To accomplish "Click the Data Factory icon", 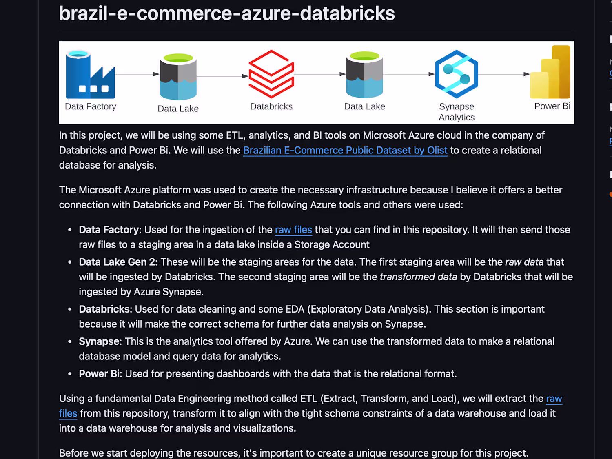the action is pyautogui.click(x=90, y=74).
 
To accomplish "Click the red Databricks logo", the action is pyautogui.click(x=271, y=74).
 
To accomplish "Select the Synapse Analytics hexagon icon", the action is pyautogui.click(x=457, y=74).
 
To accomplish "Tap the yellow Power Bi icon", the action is pyautogui.click(x=550, y=72).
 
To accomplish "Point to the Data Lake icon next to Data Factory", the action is pyautogui.click(x=178, y=77).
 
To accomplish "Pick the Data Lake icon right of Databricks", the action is pyautogui.click(x=364, y=75).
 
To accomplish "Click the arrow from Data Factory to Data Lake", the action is pyautogui.click(x=137, y=74).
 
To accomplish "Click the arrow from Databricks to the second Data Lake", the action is pyautogui.click(x=320, y=74).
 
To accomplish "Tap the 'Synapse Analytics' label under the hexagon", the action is pyautogui.click(x=457, y=112).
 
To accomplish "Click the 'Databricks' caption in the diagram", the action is pyautogui.click(x=271, y=106).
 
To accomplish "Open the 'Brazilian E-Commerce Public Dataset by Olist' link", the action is pyautogui.click(x=345, y=151).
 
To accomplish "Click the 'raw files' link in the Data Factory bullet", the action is pyautogui.click(x=293, y=230).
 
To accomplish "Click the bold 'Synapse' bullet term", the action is pyautogui.click(x=99, y=341).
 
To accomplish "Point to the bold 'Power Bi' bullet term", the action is pyautogui.click(x=99, y=374).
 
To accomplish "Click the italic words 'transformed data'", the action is pyautogui.click(x=419, y=277).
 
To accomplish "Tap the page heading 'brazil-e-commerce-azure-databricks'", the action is pyautogui.click(x=227, y=13).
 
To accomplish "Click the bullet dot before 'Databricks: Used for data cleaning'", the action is pyautogui.click(x=70, y=309).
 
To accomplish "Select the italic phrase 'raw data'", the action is pyautogui.click(x=524, y=262).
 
